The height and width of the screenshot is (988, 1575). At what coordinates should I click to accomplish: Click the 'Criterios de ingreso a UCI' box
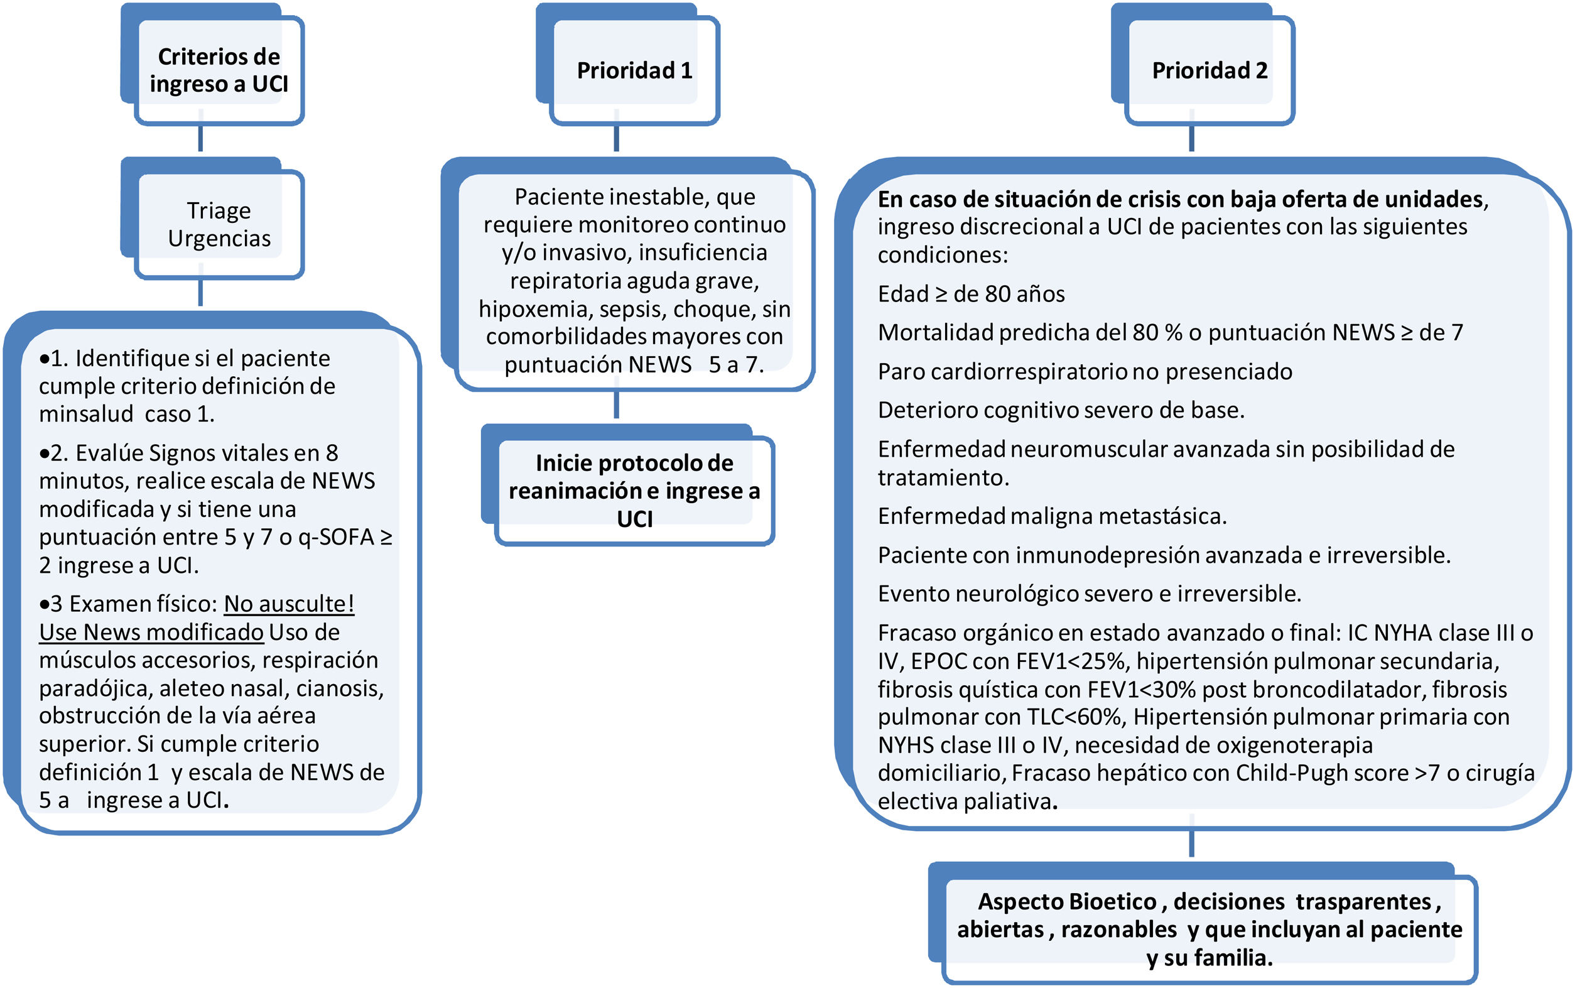[219, 70]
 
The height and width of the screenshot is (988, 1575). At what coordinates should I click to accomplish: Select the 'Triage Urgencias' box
[219, 224]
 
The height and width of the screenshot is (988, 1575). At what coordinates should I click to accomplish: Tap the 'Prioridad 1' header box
[634, 70]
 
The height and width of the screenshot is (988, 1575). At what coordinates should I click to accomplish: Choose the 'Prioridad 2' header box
[1209, 70]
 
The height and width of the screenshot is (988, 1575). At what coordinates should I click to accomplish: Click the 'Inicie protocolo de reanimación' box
[634, 490]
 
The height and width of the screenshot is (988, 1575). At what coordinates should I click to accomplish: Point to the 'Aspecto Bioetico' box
[1209, 929]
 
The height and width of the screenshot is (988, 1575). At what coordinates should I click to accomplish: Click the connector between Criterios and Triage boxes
[200, 139]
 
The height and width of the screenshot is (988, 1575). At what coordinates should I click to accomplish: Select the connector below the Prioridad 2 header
[1191, 139]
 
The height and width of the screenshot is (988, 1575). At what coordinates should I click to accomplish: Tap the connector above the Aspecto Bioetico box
[1191, 843]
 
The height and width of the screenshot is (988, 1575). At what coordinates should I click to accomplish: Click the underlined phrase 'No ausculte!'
[289, 604]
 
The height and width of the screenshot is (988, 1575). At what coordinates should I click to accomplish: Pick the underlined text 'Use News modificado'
[151, 632]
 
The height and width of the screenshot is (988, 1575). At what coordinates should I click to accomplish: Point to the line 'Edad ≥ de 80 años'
[971, 294]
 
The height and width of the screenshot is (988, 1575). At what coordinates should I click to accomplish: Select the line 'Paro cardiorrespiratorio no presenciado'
[1085, 371]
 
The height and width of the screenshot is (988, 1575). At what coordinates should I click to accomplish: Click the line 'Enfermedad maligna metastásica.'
[1052, 516]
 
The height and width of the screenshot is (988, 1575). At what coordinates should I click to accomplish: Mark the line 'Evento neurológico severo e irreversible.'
[1089, 594]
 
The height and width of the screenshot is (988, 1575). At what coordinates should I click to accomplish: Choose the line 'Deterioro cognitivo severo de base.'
[1061, 410]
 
